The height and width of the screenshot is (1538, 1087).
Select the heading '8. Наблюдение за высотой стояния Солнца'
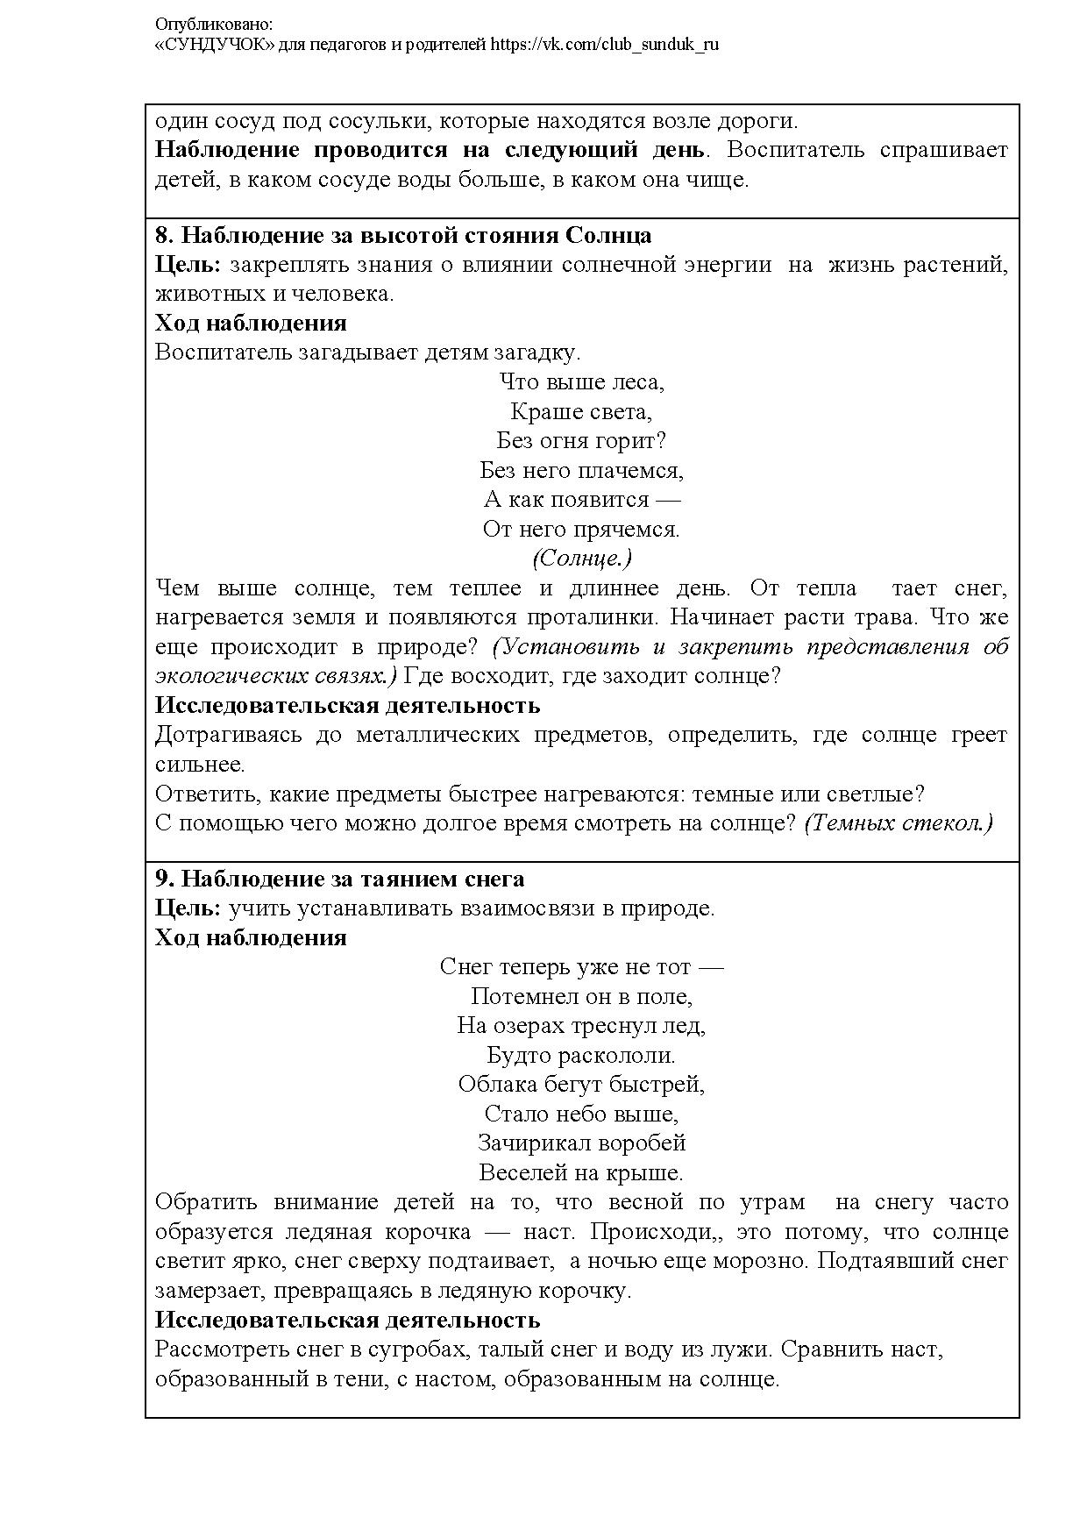click(x=403, y=236)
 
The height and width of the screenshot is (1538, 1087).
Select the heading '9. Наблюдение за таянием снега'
click(x=340, y=879)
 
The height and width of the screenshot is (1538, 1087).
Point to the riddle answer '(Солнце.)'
click(x=581, y=559)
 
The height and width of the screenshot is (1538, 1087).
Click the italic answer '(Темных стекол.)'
click(x=899, y=823)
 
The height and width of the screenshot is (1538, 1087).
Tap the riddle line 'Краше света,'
click(x=581, y=411)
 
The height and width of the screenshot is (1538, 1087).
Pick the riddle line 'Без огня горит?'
click(x=581, y=441)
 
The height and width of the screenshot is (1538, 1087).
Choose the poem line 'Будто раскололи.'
click(x=581, y=1055)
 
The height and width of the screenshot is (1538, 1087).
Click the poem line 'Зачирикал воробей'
click(x=581, y=1143)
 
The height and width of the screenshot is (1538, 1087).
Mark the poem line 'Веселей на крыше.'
click(x=581, y=1173)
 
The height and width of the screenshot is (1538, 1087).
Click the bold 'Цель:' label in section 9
click(x=188, y=908)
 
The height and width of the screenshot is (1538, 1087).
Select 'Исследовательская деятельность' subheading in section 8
click(x=347, y=706)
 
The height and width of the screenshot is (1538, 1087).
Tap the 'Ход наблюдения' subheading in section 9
click(x=251, y=938)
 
